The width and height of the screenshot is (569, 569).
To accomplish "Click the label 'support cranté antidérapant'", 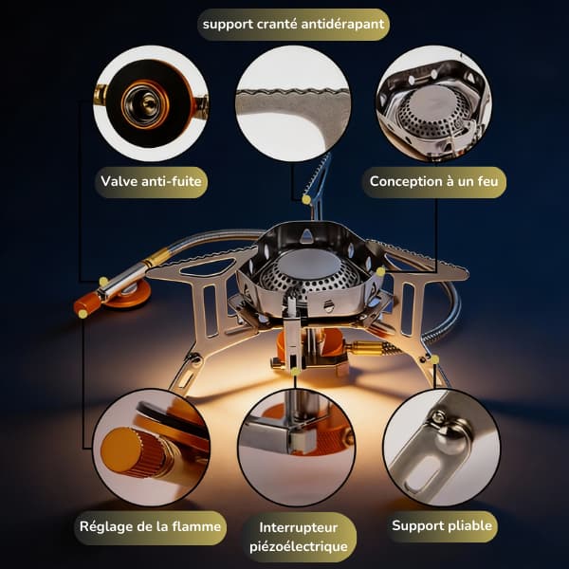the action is tap(293, 25).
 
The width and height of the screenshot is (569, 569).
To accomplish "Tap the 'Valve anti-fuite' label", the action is tap(151, 181).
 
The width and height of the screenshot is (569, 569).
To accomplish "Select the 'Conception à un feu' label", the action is tap(434, 181).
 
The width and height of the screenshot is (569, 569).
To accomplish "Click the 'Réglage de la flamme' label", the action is tap(150, 527).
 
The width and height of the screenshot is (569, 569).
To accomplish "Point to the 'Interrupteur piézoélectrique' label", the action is tap(299, 537).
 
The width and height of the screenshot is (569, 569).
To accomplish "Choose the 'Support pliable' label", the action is tap(442, 525).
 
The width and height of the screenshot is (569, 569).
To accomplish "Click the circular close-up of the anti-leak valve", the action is tap(151, 103).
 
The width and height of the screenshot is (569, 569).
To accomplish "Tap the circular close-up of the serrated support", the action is tap(293, 103).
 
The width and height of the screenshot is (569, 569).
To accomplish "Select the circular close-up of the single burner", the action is tap(434, 103).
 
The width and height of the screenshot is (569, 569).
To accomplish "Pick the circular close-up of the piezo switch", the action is tap(297, 448).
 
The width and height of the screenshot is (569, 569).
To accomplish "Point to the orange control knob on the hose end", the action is tap(87, 303).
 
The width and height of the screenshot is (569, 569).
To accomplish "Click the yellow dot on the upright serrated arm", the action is tap(306, 199).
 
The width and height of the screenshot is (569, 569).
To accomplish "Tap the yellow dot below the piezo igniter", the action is tap(295, 371).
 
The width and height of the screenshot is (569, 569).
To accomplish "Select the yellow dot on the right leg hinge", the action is tap(434, 359).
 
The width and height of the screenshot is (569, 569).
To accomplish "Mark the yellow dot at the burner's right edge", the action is tap(380, 271).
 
